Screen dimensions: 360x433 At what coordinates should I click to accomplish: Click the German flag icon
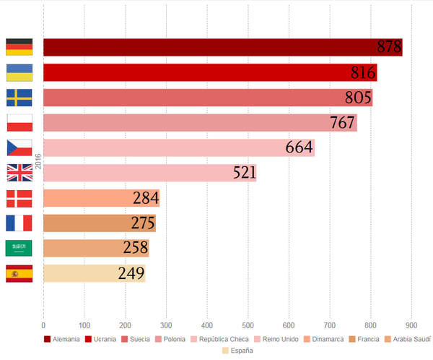19,47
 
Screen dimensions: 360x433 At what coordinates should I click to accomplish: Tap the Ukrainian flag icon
19,72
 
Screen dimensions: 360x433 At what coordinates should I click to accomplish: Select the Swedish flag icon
19,98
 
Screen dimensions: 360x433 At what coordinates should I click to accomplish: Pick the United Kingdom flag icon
19,173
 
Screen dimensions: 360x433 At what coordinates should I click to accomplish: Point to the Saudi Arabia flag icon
19,248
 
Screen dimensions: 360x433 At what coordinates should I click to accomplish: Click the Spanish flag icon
19,274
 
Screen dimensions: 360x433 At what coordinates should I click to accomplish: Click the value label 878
389,47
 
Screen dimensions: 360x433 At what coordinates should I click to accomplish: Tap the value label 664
299,147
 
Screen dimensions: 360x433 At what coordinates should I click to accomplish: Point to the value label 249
131,274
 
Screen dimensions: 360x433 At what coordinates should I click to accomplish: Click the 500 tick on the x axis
248,324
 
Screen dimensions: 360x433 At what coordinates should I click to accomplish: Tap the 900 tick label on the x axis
412,324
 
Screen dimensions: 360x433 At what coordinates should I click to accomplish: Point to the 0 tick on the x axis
43,324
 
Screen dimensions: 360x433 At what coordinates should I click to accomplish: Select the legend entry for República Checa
220,339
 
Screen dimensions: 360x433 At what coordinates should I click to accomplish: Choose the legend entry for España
237,350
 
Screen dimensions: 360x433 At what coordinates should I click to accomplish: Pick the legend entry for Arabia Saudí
408,339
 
